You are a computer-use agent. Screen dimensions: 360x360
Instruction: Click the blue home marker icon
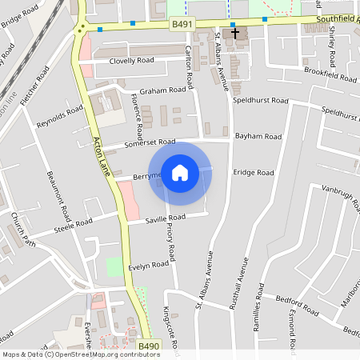180,173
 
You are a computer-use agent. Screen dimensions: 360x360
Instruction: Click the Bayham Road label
258,137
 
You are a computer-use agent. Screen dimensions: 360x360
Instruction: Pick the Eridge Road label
254,172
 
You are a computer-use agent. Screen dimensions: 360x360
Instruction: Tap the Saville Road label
166,218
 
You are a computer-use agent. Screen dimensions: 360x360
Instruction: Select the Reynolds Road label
60,117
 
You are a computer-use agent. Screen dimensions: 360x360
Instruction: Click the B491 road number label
183,26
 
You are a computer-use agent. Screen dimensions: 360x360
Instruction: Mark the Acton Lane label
101,157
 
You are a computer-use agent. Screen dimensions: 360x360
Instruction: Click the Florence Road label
136,114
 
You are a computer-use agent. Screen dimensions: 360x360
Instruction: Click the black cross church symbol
234,33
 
